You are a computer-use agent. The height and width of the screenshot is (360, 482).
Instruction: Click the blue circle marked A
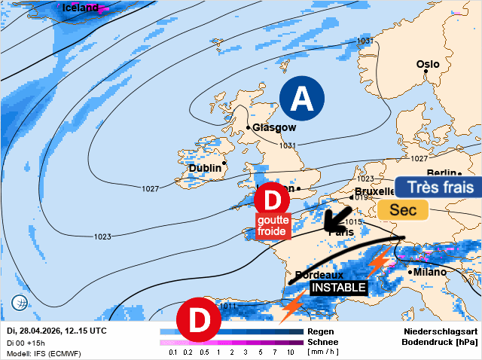point(302,99)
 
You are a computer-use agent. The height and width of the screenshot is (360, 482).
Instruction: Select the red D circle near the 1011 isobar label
point(197,319)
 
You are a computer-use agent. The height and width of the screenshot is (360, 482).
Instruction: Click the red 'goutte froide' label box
point(273,226)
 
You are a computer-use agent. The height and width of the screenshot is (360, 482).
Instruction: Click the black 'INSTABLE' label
point(338,288)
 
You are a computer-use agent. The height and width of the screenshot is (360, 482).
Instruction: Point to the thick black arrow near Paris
point(336,218)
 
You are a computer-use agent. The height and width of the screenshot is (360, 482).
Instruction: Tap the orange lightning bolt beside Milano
point(378,261)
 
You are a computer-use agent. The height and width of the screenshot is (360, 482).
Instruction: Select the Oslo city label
point(427,65)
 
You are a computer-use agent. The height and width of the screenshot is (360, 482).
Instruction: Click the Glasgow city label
point(274,127)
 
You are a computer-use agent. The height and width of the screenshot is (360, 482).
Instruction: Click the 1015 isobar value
point(353,222)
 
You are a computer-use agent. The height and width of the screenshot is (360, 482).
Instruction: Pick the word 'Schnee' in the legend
point(322,342)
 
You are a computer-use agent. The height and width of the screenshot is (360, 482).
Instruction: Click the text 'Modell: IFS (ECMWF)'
point(44,353)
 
